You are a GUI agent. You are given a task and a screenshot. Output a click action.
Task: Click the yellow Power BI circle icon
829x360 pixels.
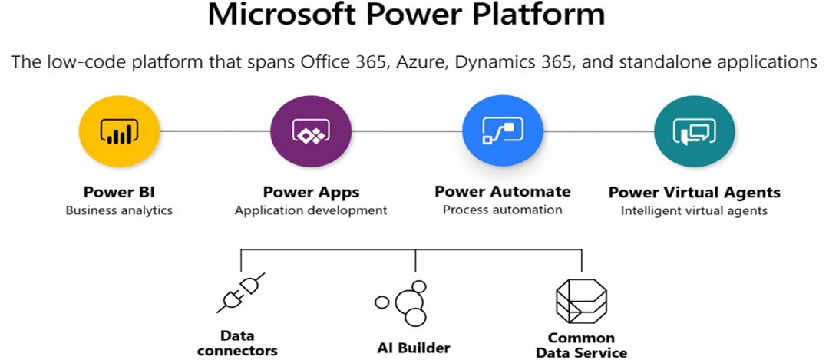(119, 131)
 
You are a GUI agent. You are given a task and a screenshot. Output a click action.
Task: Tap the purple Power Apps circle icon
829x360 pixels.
(311, 131)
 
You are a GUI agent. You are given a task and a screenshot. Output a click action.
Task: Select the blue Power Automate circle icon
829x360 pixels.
(503, 131)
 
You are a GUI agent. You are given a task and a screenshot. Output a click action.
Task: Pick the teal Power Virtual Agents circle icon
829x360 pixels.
(695, 131)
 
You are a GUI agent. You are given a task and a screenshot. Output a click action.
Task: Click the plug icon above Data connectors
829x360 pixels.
(240, 293)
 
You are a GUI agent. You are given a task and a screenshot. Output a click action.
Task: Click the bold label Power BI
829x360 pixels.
(119, 191)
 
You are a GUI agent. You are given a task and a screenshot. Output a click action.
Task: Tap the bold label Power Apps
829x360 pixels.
(311, 191)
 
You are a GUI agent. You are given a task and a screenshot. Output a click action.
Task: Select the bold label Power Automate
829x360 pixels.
(503, 191)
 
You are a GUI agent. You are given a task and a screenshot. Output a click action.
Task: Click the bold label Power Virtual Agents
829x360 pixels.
(694, 192)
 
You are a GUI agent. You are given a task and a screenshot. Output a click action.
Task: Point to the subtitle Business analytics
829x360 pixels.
(119, 210)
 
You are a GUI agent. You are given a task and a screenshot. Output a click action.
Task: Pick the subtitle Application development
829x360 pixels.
(311, 210)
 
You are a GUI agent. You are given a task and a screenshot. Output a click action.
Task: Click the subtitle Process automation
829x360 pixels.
(502, 210)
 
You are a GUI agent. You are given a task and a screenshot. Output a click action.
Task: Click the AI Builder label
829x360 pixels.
(414, 348)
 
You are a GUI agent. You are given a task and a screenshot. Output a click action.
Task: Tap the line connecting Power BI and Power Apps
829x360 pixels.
(215, 131)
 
